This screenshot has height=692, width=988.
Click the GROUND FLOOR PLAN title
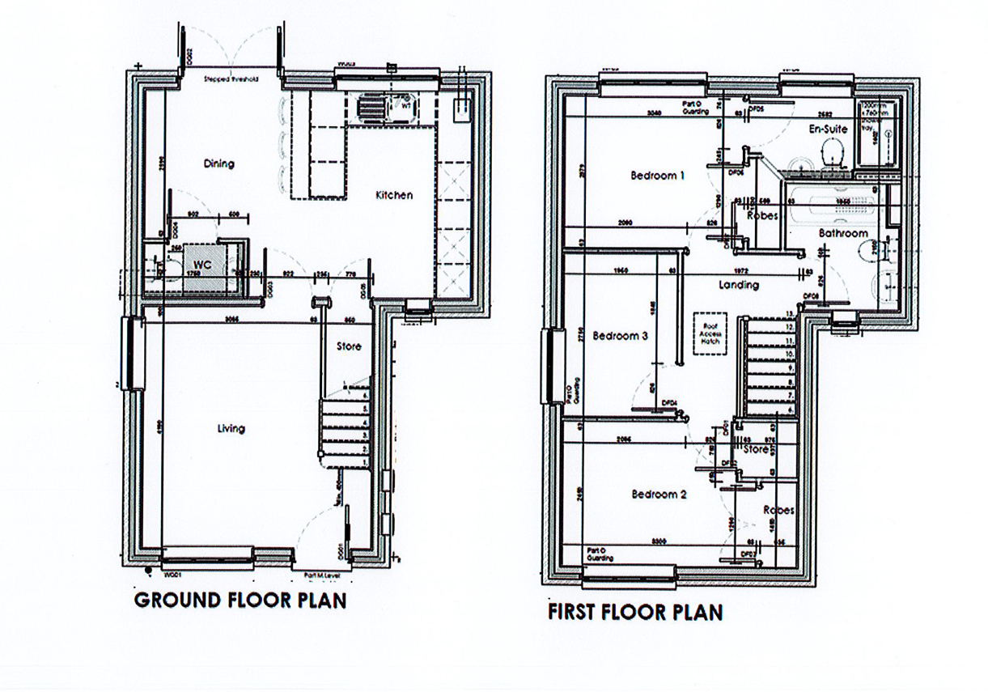[x=240, y=601]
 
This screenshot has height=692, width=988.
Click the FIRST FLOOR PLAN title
[x=635, y=611]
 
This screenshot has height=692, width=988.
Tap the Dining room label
[x=218, y=163]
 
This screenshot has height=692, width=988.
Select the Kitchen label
[x=394, y=195]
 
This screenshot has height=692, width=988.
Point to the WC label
[x=201, y=265]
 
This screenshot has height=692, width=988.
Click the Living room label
[x=231, y=428]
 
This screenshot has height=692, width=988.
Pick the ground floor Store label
[x=350, y=346]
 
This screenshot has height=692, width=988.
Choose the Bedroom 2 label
[x=659, y=494]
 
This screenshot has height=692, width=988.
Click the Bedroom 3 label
[x=621, y=336]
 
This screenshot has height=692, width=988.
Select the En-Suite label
[x=828, y=129]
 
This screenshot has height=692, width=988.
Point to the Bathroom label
[x=842, y=233]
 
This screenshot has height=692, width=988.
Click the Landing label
[x=738, y=285]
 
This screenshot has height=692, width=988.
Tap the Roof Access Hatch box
[x=710, y=336]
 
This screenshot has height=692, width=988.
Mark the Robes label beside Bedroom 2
[x=778, y=510]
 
